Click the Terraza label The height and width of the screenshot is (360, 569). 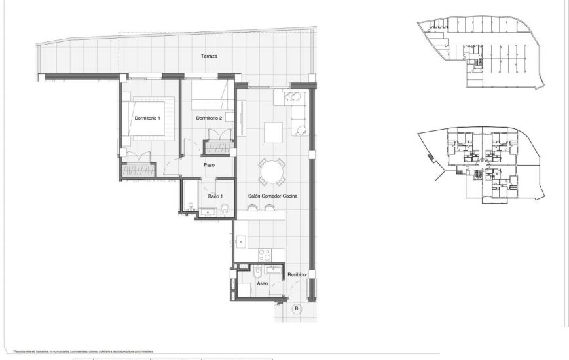click(x=210, y=56)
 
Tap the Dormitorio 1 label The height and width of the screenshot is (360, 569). click(x=147, y=118)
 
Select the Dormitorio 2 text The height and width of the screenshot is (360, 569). click(x=210, y=118)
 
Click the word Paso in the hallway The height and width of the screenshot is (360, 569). click(x=210, y=165)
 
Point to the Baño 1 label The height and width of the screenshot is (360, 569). click(x=215, y=196)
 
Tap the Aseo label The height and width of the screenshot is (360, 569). click(x=262, y=284)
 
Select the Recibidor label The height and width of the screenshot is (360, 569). click(x=297, y=275)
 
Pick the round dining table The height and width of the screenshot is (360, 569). click(x=270, y=173)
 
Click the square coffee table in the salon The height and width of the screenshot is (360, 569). click(x=273, y=132)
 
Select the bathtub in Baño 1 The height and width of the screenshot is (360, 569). click(x=189, y=195)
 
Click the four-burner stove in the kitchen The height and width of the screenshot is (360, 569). click(x=266, y=253)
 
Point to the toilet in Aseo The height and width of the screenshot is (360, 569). click(x=258, y=272)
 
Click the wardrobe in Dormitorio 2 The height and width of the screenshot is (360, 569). click(x=218, y=149)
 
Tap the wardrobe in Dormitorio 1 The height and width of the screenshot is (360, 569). click(x=138, y=170)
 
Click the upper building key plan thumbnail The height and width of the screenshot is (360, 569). click(x=481, y=52)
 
